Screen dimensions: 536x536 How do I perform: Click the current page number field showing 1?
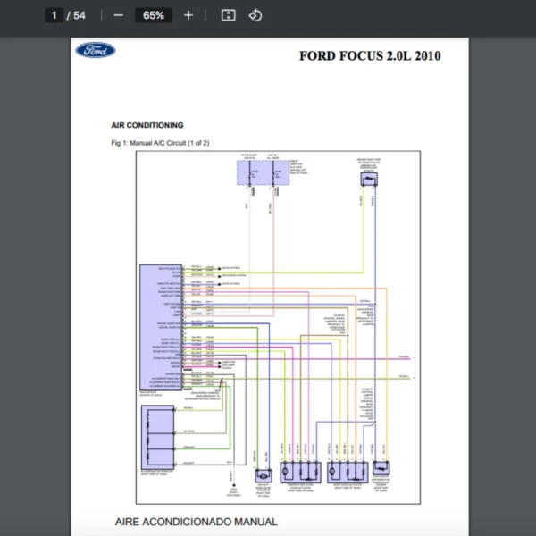(54, 15)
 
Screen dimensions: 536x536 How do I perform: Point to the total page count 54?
(80, 15)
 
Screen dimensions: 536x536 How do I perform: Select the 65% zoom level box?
(153, 15)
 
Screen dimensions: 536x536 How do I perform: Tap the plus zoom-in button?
(188, 15)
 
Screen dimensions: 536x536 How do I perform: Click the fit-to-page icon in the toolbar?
(228, 15)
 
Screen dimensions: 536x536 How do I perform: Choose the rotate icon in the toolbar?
(255, 15)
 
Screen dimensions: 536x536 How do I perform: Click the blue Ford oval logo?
(96, 51)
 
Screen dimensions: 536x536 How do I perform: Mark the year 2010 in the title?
(427, 56)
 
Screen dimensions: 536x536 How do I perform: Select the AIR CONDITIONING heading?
(147, 126)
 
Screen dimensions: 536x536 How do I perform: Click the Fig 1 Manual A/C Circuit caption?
(160, 143)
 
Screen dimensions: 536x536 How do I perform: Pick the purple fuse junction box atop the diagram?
(258, 173)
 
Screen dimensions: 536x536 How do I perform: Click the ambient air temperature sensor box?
(367, 179)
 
